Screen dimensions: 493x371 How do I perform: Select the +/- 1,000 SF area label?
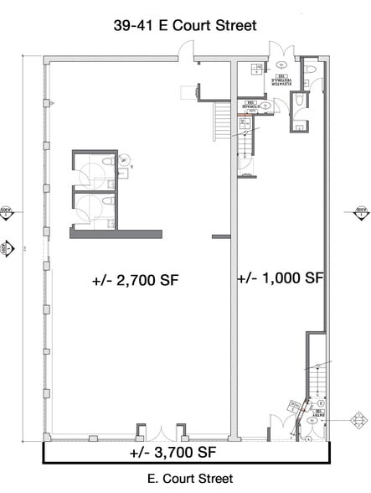[281, 278]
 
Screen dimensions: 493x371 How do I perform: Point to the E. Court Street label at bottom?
[185, 480]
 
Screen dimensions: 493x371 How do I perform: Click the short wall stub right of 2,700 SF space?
[221, 236]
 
